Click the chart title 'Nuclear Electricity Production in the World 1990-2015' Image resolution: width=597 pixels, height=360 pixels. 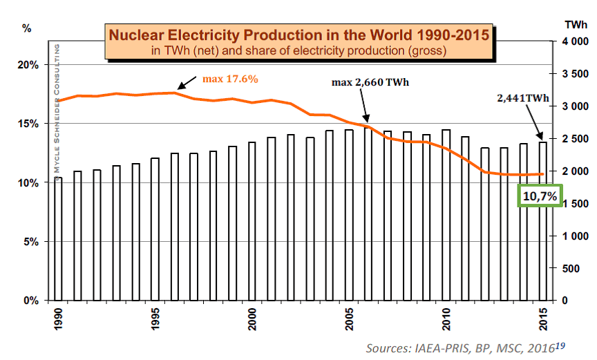298,34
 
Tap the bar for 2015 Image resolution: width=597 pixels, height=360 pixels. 542,221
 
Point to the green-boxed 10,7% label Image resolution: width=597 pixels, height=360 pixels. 540,196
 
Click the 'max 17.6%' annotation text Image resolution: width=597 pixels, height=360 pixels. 230,79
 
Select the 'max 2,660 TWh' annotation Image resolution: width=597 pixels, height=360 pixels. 370,83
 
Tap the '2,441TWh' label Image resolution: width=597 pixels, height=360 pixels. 522,99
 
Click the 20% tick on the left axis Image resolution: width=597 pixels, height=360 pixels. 28,65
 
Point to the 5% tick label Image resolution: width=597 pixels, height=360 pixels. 30,242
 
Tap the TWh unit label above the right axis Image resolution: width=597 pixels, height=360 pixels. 576,25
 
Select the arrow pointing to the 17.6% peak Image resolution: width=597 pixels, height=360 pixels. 186,83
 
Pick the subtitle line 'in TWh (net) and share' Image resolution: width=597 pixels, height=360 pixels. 298,50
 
